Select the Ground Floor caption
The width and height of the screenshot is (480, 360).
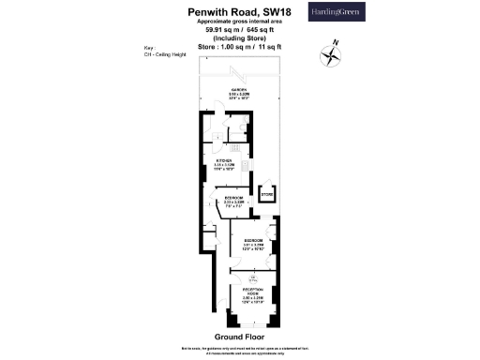pos(239,336)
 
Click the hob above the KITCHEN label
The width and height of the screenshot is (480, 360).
pos(236,147)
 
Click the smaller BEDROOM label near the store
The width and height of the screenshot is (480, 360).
pos(233,199)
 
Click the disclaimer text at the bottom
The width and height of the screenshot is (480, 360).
pos(239,349)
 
